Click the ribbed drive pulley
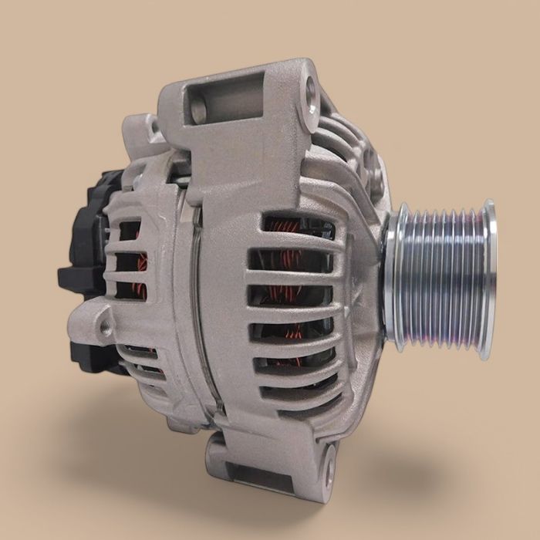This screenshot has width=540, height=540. tap(440, 278)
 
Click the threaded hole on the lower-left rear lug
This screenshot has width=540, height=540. tap(106, 329)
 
